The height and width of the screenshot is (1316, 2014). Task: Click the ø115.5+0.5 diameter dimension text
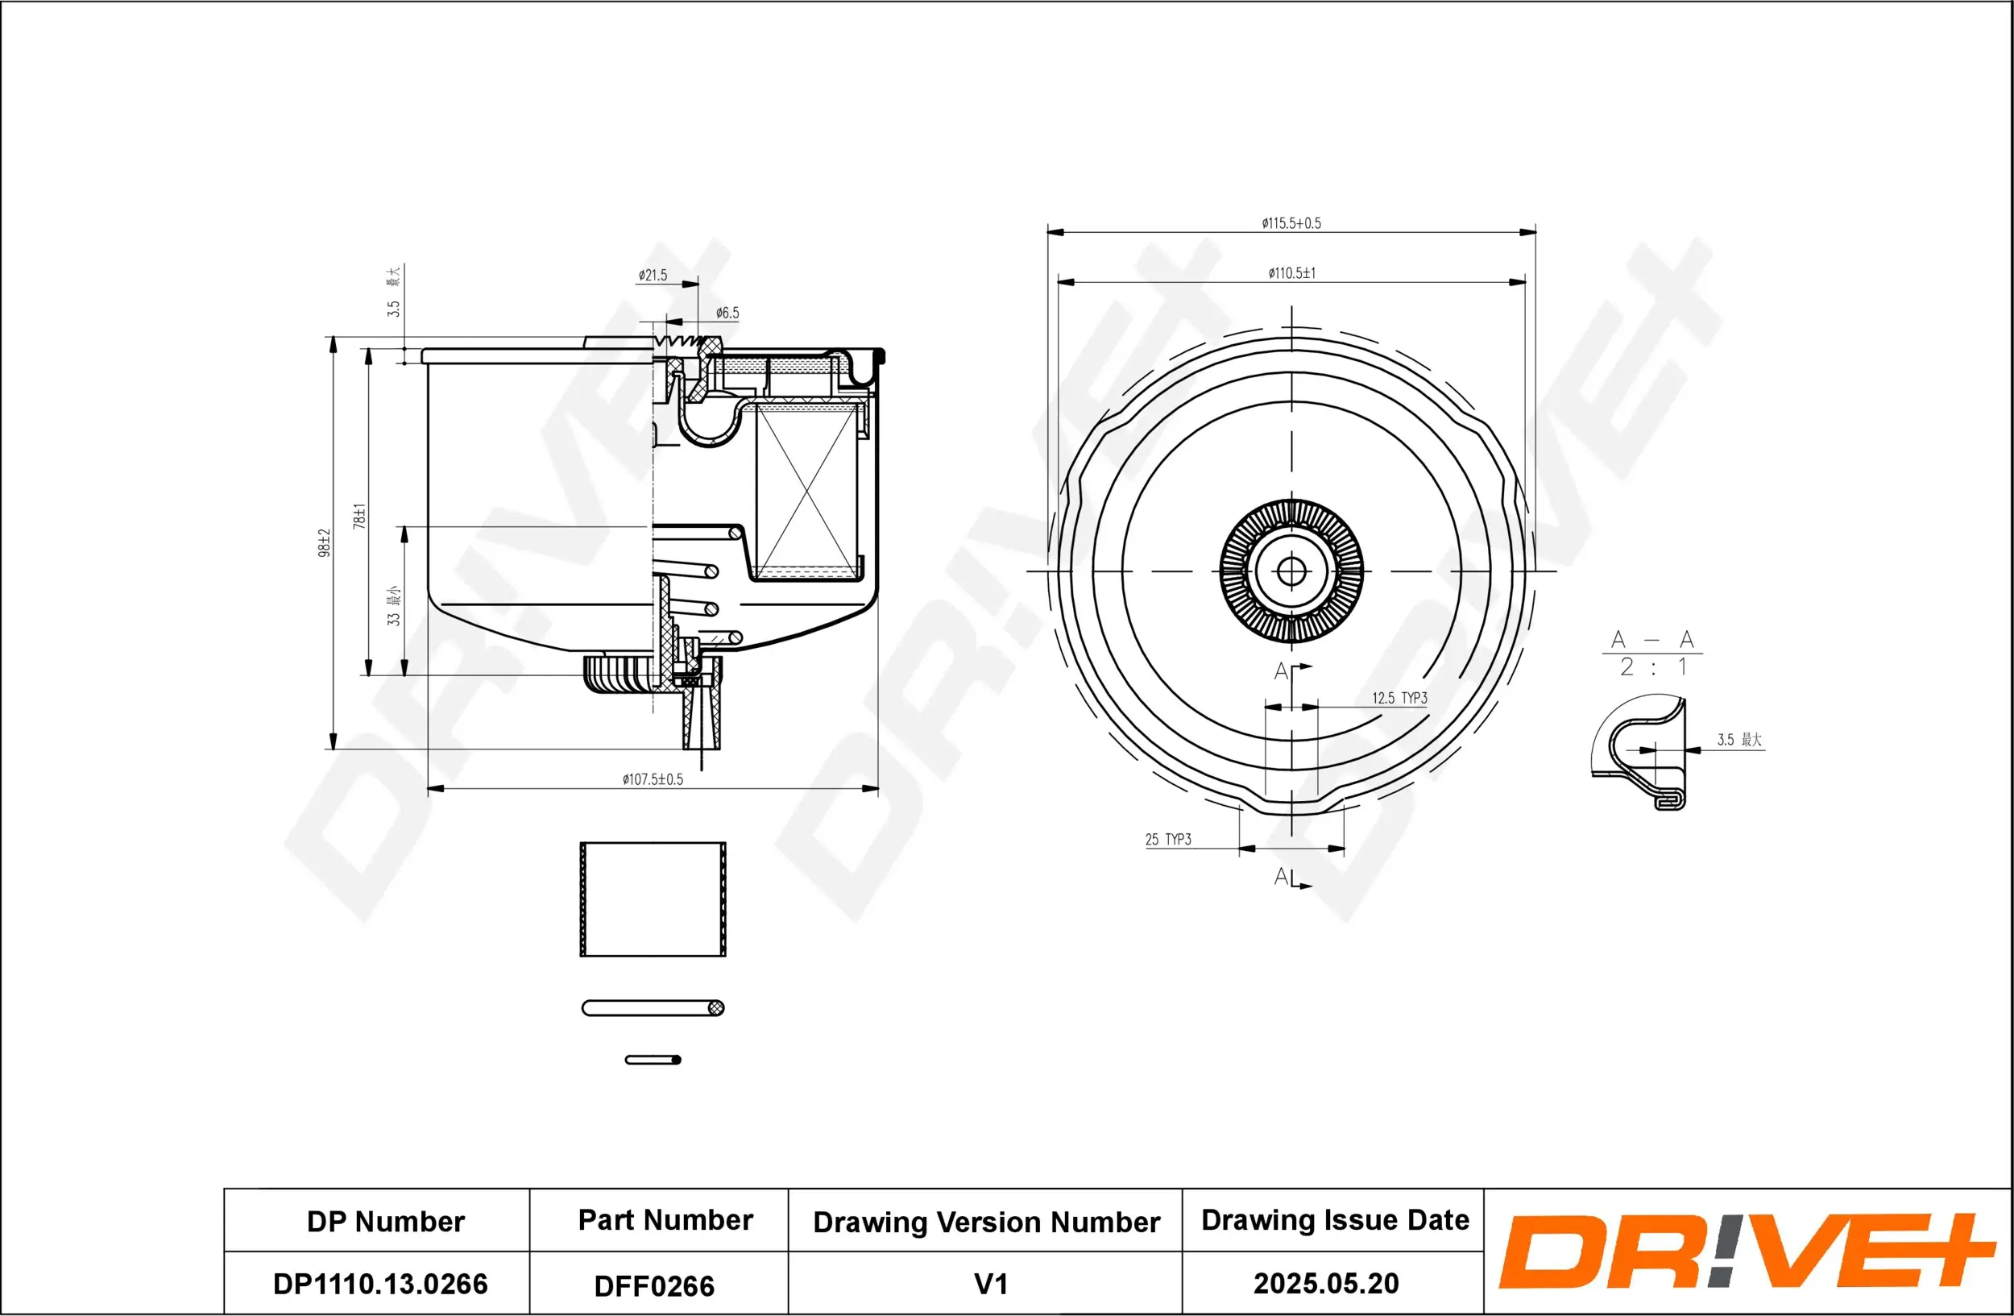(x=1291, y=223)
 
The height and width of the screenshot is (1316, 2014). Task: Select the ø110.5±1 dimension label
(x=1291, y=273)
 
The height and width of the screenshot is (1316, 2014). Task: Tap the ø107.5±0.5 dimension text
(x=652, y=779)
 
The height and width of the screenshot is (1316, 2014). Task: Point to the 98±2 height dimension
(x=324, y=542)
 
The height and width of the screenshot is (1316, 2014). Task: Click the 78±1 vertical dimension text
(x=359, y=517)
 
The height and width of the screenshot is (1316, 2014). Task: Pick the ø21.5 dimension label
(x=653, y=275)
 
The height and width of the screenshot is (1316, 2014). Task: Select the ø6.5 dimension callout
(x=727, y=313)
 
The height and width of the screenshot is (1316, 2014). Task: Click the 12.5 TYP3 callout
(x=1399, y=698)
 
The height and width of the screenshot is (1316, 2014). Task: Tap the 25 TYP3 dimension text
(x=1168, y=840)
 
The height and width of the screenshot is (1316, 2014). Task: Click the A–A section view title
(x=1651, y=640)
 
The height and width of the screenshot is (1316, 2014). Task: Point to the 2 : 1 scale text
(x=1652, y=668)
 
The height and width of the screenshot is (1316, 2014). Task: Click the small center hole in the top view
(x=1291, y=571)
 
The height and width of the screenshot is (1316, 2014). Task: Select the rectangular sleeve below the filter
(x=653, y=899)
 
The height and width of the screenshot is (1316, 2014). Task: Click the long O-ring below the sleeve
(x=653, y=1008)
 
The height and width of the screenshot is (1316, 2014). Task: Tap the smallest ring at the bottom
(x=653, y=1060)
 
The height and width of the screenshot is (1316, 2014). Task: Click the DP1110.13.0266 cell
(x=380, y=1284)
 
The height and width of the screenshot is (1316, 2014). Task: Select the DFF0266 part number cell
(x=654, y=1286)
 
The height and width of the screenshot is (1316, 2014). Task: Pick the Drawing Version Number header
(x=986, y=1222)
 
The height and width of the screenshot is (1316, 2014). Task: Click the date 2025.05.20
(x=1325, y=1283)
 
